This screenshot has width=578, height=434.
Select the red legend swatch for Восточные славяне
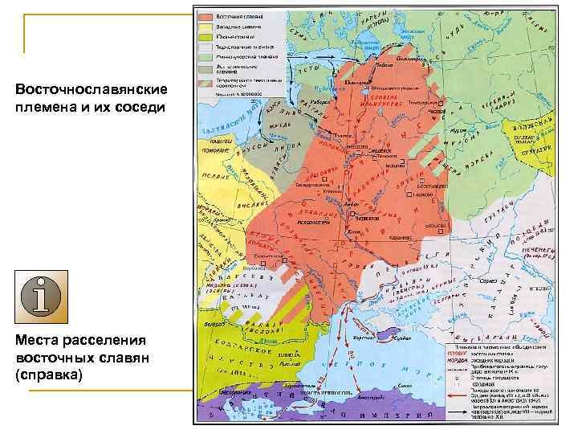pos(206,16)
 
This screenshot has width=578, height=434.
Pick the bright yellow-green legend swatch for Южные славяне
pos(206,36)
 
